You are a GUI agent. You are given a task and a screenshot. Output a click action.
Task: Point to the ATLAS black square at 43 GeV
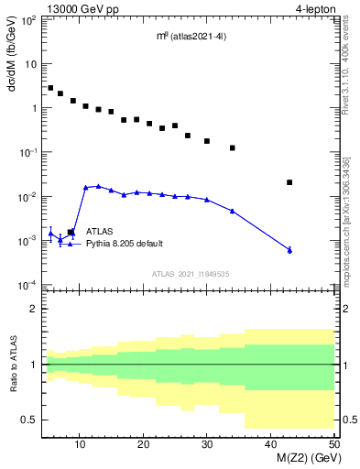[x=289, y=182]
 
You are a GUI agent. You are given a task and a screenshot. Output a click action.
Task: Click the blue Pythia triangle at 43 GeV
[x=289, y=250]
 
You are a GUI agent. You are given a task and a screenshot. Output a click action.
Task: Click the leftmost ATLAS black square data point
[x=50, y=88]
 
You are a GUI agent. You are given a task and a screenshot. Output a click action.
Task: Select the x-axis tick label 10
[x=81, y=444]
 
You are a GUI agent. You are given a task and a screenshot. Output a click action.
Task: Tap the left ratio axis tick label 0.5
[x=31, y=420]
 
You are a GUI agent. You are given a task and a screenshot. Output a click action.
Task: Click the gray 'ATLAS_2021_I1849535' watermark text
[x=190, y=273]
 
